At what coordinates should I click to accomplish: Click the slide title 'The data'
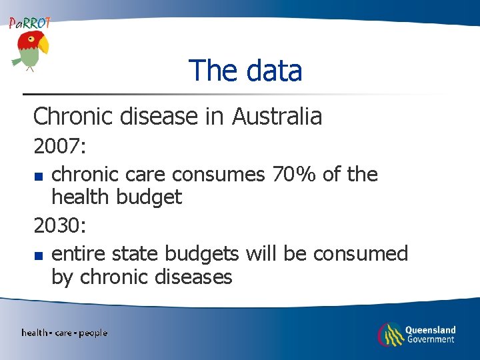(245, 71)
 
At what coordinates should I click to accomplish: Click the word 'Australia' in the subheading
(277, 117)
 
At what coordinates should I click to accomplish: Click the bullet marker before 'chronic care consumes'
(39, 177)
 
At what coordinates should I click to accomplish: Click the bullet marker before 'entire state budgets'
(39, 256)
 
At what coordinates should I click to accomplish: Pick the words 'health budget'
(116, 197)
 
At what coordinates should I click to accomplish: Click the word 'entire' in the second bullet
(79, 254)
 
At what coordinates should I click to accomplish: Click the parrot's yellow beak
(43, 45)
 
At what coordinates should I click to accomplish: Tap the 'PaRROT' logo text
(29, 23)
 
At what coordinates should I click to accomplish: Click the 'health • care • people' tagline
(64, 333)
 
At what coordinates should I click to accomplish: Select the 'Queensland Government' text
(431, 334)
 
